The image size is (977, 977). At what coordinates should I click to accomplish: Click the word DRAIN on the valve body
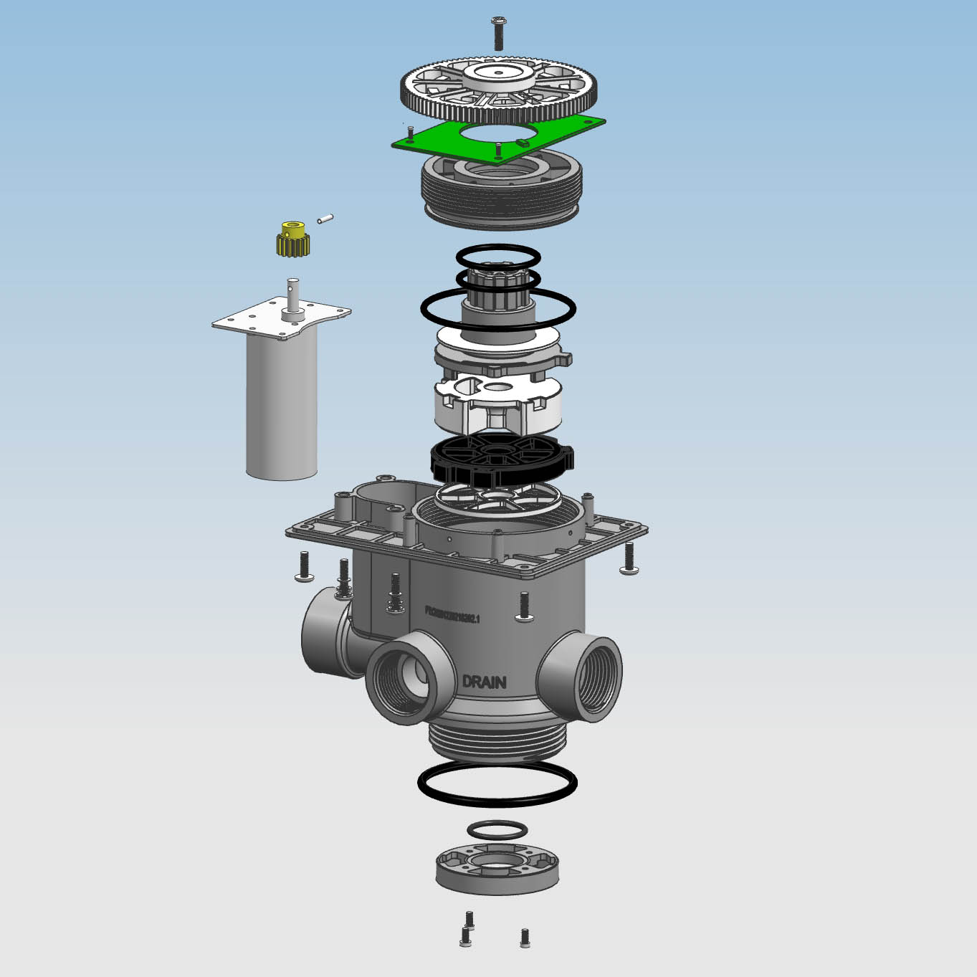click(484, 682)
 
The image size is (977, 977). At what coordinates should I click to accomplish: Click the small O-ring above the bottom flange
click(497, 830)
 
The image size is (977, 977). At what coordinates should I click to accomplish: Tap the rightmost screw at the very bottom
click(525, 937)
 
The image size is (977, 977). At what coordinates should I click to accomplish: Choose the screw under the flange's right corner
click(629, 558)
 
